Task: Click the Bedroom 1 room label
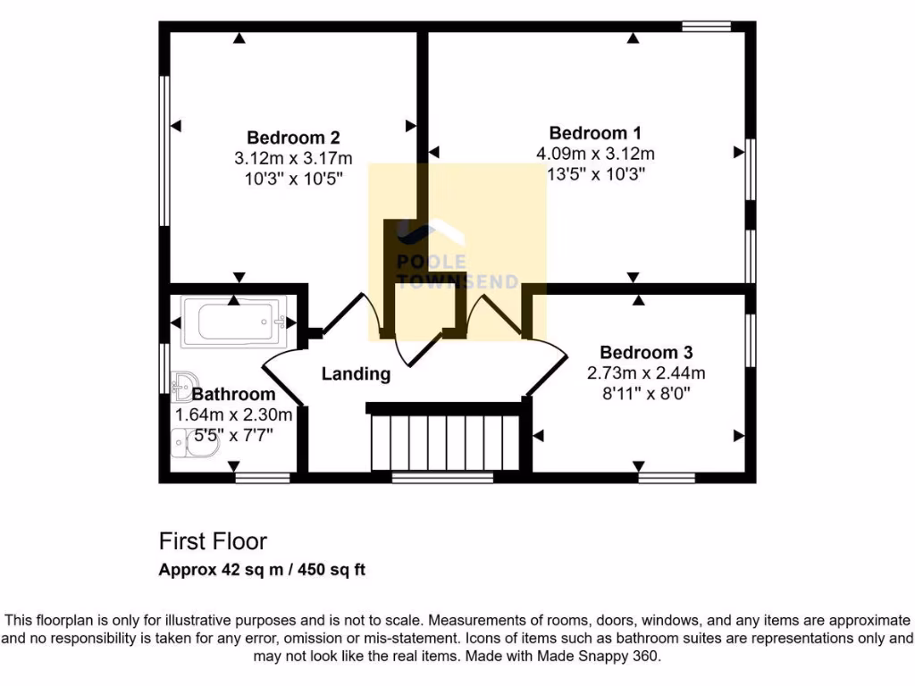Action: (595, 133)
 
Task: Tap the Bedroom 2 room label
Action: (293, 138)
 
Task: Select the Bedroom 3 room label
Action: (646, 352)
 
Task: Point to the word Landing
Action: (356, 374)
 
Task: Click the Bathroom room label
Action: (233, 394)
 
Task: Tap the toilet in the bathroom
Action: (191, 444)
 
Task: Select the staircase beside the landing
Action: (444, 439)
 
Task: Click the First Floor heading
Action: (213, 541)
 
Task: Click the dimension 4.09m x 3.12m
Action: (595, 154)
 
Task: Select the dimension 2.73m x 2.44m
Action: (646, 372)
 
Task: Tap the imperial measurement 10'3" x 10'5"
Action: (293, 179)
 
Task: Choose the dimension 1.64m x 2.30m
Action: (233, 414)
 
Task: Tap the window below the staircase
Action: (442, 478)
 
